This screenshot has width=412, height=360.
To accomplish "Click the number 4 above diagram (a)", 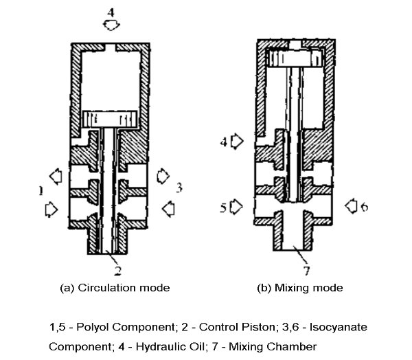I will click(110, 12).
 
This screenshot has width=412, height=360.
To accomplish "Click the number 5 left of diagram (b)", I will click(224, 205).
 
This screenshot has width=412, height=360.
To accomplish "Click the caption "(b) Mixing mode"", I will click(301, 287).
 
